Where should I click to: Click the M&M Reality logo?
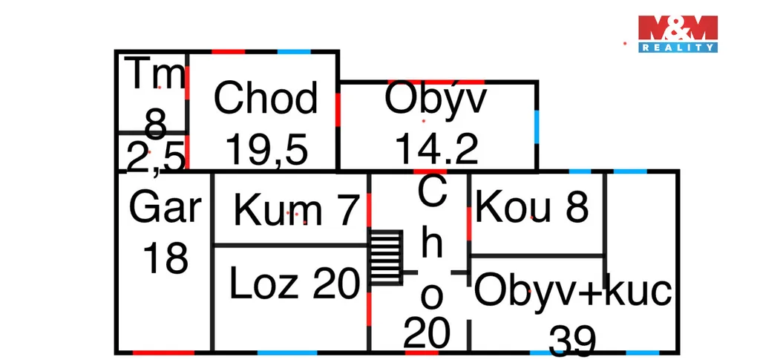(678, 33)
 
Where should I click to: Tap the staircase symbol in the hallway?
(386, 257)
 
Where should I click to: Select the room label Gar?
(165, 208)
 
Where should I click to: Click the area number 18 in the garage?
(165, 258)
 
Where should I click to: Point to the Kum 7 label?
(296, 210)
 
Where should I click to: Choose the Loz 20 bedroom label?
(295, 284)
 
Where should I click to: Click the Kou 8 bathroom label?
(532, 208)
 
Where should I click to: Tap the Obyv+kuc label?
(572, 291)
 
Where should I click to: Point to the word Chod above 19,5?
(266, 99)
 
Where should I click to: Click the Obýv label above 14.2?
(436, 100)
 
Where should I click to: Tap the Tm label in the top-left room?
(156, 75)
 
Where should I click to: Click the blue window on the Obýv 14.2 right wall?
(536, 126)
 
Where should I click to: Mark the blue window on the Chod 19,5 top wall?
(294, 51)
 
